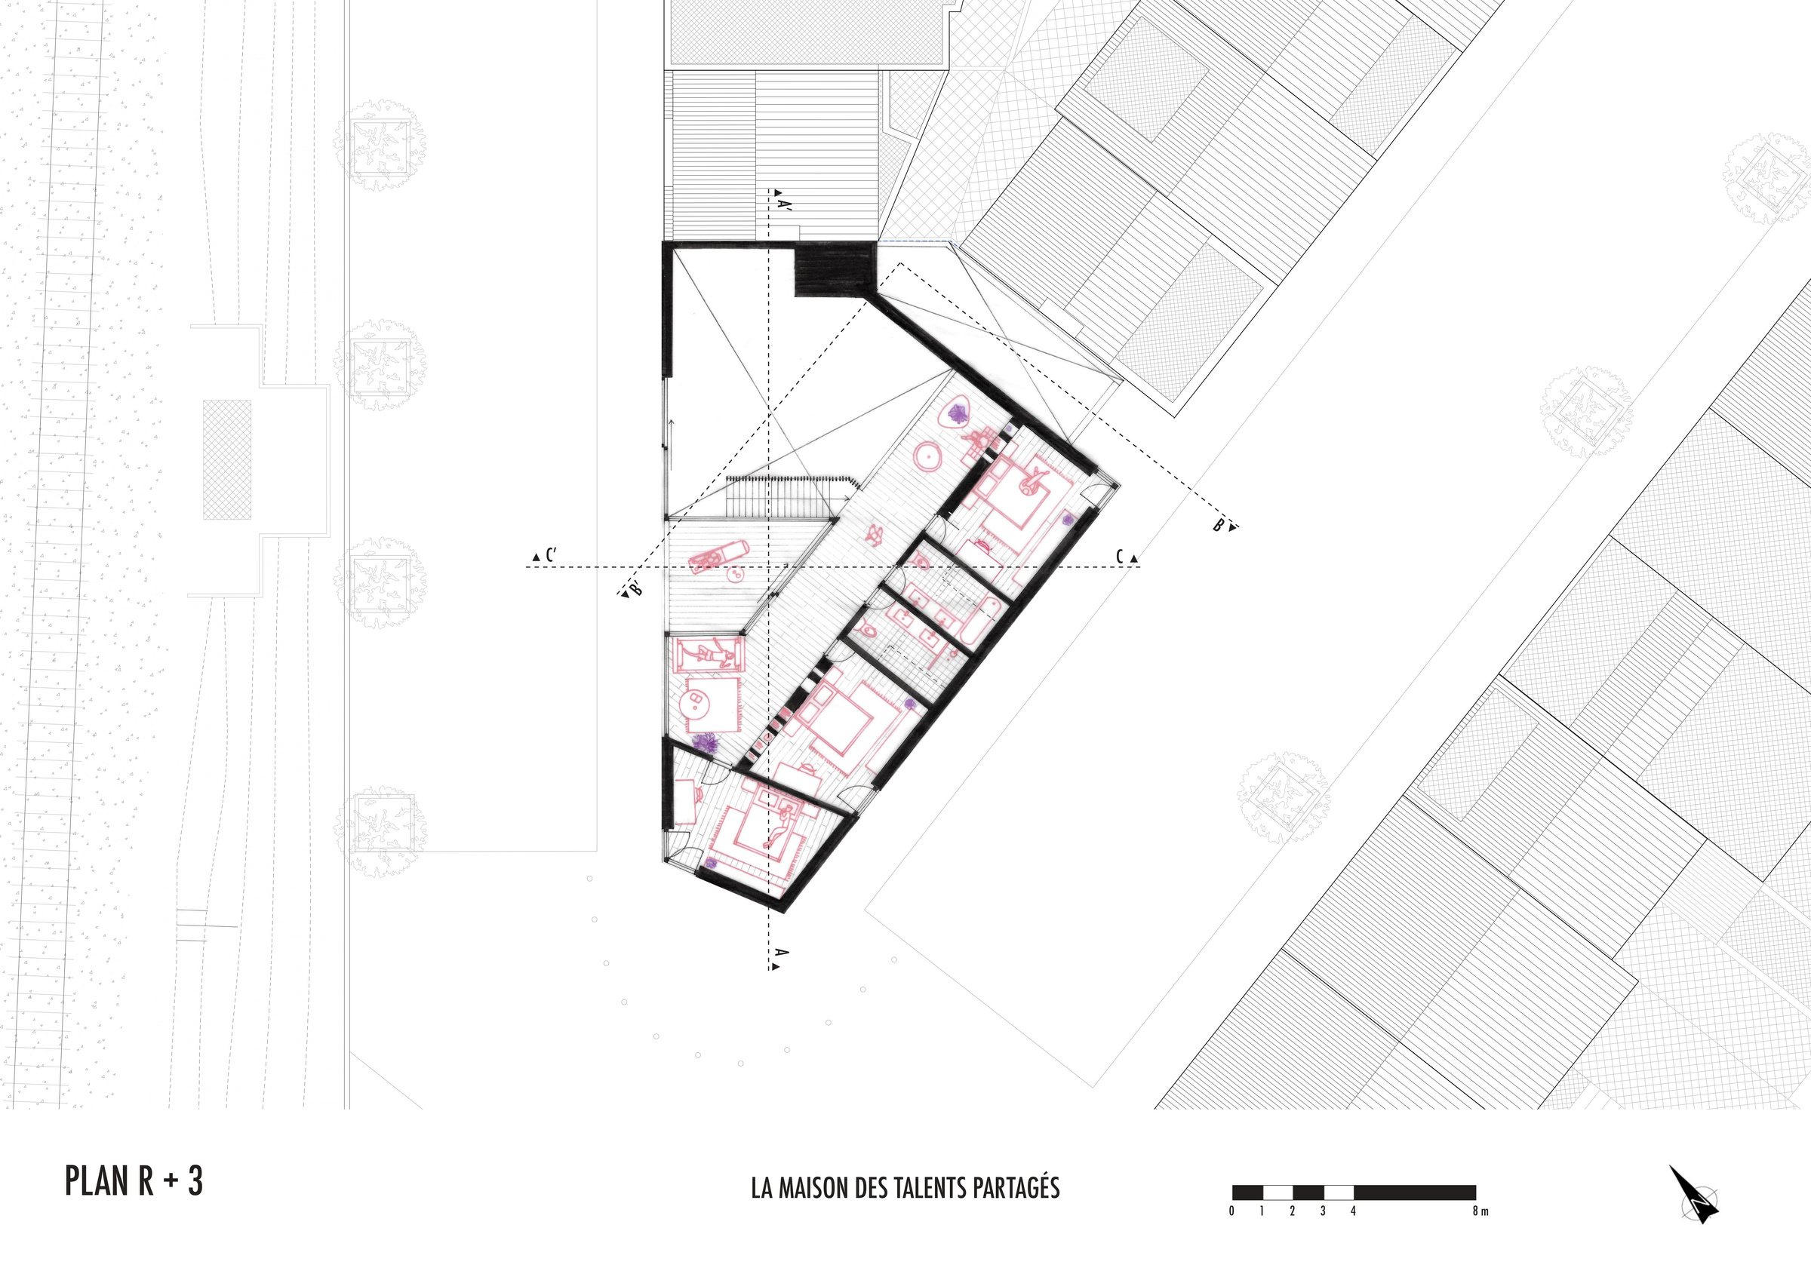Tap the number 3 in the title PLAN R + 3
tap(195, 1180)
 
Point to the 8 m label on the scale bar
tap(1480, 1211)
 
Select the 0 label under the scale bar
tap(1231, 1211)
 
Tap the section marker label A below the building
tap(782, 952)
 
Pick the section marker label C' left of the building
tap(551, 555)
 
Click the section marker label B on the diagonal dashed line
tap(1219, 525)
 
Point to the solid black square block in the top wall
tap(835, 270)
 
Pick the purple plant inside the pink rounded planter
tap(958, 413)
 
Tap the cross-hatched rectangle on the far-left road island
tap(227, 460)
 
